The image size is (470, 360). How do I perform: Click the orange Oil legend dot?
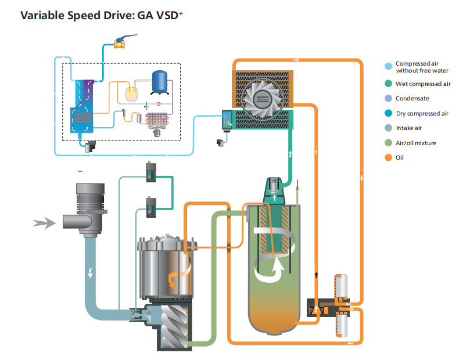[388, 157]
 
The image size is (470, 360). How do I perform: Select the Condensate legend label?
[412, 99]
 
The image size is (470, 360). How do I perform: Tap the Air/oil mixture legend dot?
[388, 143]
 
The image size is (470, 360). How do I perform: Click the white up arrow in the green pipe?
[289, 155]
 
